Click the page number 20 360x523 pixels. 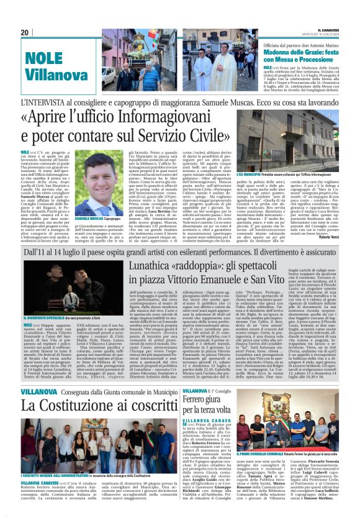click(25, 33)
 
